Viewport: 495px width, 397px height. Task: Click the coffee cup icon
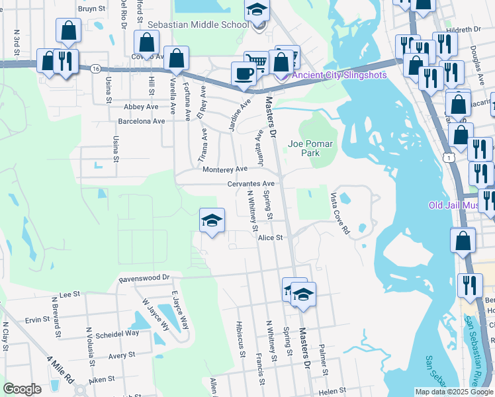point(244,73)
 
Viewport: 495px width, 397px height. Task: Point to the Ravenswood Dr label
point(144,279)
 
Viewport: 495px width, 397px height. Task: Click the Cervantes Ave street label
point(250,183)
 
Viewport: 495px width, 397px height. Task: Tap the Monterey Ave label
point(224,169)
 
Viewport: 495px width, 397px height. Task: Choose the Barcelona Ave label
point(141,121)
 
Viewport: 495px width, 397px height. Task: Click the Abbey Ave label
point(141,107)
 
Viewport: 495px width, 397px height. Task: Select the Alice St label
point(270,238)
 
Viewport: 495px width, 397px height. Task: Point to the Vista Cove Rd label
point(340,214)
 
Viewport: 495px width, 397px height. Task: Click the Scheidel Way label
point(119,333)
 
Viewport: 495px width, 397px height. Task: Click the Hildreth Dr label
point(463,30)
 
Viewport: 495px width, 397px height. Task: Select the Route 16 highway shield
point(97,68)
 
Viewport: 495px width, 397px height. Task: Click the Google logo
point(22,388)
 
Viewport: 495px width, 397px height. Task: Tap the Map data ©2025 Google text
point(453,392)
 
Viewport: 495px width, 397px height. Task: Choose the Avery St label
point(122,355)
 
